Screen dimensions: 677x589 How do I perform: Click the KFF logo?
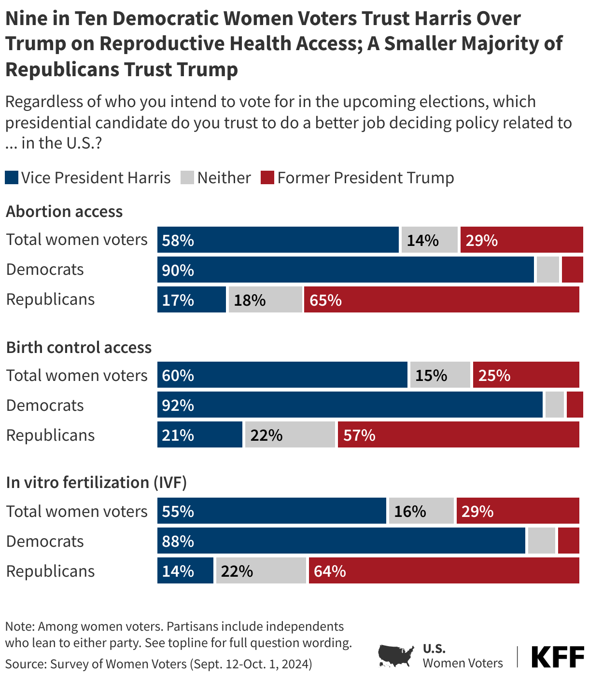(558, 657)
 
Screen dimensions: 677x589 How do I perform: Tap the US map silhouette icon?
(396, 656)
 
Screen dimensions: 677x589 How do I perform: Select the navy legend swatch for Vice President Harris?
(12, 177)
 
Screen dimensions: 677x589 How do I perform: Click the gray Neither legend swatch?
(187, 177)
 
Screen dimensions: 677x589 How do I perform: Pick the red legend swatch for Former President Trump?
(267, 177)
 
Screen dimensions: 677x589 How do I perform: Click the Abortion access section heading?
(64, 212)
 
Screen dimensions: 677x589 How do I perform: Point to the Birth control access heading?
(79, 347)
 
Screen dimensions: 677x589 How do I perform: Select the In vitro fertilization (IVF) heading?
(96, 483)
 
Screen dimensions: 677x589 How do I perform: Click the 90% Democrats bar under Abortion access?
(345, 270)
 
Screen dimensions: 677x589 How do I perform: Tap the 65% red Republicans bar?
(441, 299)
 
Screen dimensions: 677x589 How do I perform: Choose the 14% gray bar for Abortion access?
(429, 240)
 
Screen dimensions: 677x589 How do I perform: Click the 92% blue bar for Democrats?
(350, 405)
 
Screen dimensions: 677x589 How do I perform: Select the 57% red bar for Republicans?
(458, 434)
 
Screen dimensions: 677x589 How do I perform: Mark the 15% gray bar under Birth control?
(440, 375)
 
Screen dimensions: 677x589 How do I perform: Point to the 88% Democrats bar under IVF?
(341, 541)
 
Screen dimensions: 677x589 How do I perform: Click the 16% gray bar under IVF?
(421, 511)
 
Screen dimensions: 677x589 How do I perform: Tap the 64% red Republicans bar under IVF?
(444, 570)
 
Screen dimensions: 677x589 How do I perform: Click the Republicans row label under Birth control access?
(50, 435)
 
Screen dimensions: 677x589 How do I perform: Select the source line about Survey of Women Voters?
(158, 664)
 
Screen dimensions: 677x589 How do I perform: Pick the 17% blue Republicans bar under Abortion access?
(191, 299)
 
